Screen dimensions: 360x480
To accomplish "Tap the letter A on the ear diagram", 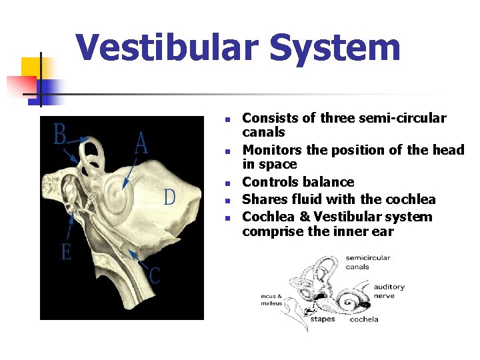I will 141,142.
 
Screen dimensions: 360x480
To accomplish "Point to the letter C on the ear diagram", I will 154,275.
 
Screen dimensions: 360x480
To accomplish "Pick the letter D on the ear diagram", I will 170,197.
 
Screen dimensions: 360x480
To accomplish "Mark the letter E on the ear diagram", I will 65,252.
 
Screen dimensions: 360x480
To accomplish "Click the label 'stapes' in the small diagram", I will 323,319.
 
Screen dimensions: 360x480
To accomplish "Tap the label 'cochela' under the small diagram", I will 364,319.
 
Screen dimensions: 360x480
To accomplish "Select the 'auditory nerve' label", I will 389,291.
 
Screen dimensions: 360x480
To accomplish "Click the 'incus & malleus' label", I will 271,299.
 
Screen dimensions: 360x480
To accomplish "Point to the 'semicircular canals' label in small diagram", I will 367,263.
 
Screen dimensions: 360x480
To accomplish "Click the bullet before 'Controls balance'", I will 227,183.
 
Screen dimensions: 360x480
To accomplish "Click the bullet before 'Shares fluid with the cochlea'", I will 227,200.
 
